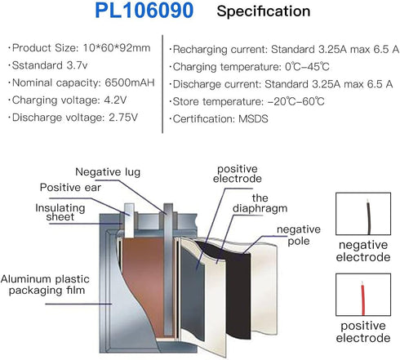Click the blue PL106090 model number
pyautogui.click(x=144, y=11)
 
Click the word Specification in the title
pyautogui.click(x=264, y=11)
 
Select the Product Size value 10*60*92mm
pyautogui.click(x=117, y=48)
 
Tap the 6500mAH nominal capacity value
pyautogui.click(x=130, y=82)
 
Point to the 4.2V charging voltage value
pyautogui.click(x=115, y=100)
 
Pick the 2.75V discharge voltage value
pyautogui.click(x=123, y=118)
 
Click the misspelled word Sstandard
pyautogui.click(x=38, y=65)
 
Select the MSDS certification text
pyautogui.click(x=253, y=119)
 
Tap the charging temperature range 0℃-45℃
pyautogui.click(x=307, y=67)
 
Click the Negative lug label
pyautogui.click(x=108, y=172)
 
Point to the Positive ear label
pyautogui.click(x=70, y=188)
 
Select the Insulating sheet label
pyautogui.click(x=60, y=212)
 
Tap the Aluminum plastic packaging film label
pyautogui.click(x=45, y=285)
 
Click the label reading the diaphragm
pyautogui.click(x=260, y=203)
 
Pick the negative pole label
pyautogui.click(x=299, y=235)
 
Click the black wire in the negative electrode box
pyautogui.click(x=368, y=217)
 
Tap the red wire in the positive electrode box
pyautogui.click(x=362, y=299)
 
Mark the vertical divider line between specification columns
pyautogui.click(x=162, y=84)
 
